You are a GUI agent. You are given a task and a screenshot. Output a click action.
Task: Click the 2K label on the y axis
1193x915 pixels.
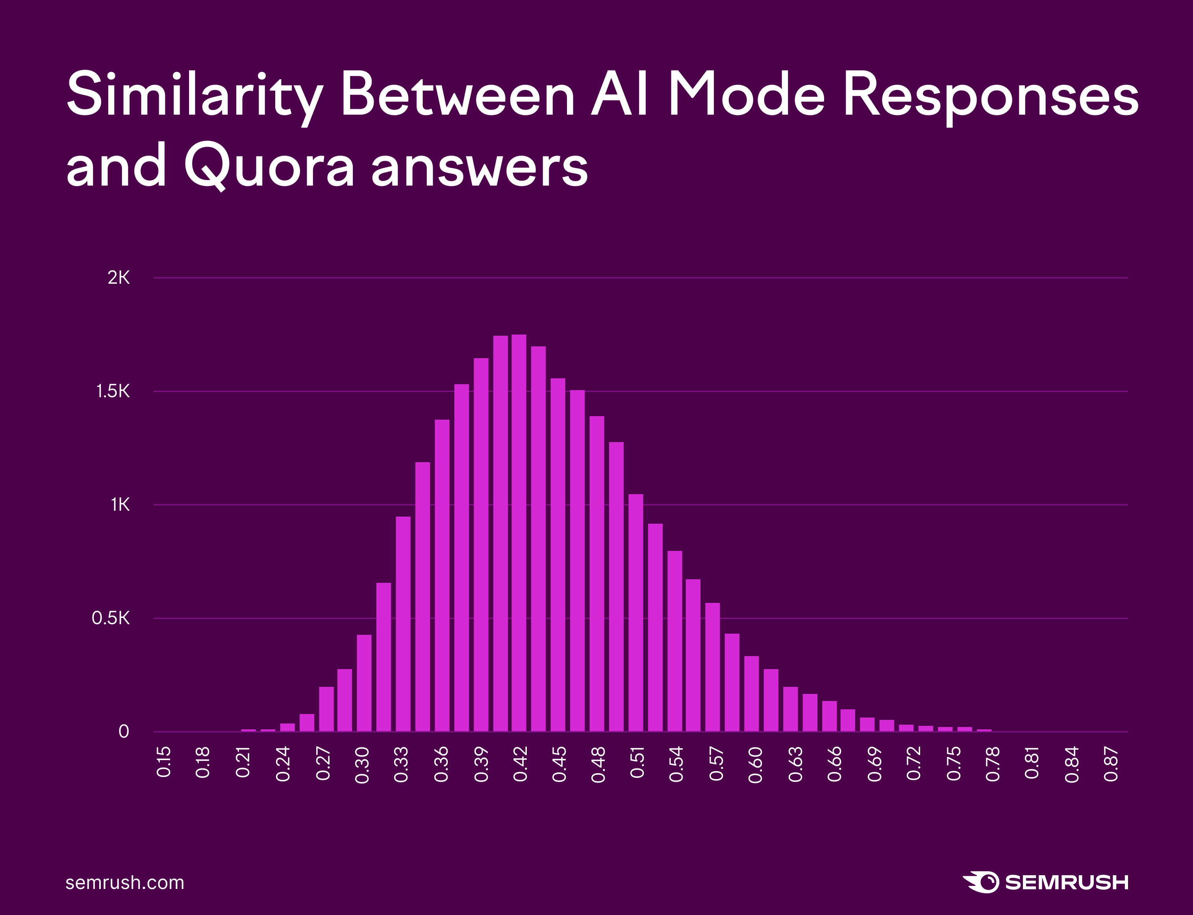pos(119,278)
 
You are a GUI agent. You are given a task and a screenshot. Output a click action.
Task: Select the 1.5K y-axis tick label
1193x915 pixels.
pos(113,391)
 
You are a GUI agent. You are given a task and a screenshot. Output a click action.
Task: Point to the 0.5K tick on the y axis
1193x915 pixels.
pos(111,618)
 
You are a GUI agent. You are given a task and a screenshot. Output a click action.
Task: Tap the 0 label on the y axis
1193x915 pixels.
pos(124,731)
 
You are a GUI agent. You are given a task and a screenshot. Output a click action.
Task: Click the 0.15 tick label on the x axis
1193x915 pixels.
pos(164,762)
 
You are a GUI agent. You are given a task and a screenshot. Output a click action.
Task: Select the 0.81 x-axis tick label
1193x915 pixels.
pos(1032,763)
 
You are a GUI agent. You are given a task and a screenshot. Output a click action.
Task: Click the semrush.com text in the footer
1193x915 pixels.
pos(125,882)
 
